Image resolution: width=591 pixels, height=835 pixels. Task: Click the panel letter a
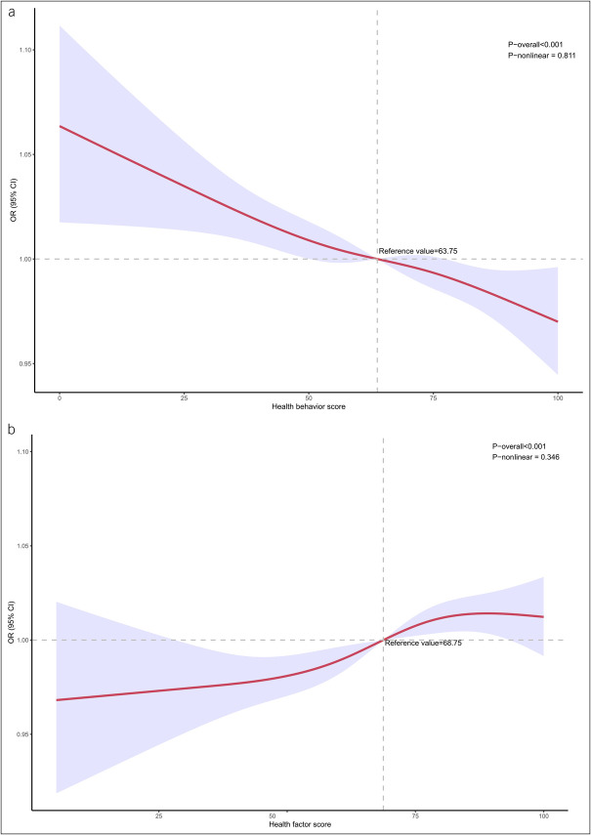pos(11,12)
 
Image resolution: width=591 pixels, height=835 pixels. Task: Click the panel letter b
pos(12,429)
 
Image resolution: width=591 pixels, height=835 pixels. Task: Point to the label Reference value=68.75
pos(423,644)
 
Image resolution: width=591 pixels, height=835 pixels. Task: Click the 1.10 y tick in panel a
pos(26,50)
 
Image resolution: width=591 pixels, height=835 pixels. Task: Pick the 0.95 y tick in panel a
pos(26,364)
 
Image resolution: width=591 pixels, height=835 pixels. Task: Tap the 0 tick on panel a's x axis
pos(60,398)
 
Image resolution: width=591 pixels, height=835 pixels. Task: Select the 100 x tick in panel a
pos(558,398)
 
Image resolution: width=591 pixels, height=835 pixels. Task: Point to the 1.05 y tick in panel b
pos(25,546)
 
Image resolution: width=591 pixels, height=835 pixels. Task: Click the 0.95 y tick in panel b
pos(25,734)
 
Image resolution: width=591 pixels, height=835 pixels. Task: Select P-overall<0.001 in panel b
pos(518,446)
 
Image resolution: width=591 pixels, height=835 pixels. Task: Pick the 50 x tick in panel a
pos(309,398)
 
